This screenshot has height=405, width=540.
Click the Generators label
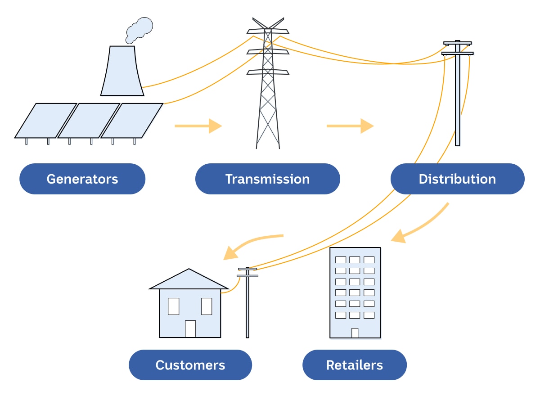pos(82,179)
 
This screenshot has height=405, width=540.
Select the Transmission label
pos(267,179)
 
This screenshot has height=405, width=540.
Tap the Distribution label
pos(457,179)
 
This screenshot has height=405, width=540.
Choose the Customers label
pos(190,364)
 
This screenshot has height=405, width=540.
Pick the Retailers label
pos(354,364)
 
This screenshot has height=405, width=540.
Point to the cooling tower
pos(122,72)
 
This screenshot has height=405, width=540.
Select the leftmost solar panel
pos(45,120)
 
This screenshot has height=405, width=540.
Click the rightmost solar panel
pos(132,120)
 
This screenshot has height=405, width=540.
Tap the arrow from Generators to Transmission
pos(198,126)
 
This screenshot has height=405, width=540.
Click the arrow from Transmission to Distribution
pos(350,126)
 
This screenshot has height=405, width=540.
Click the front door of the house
pos(190,328)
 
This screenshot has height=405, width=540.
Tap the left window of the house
pos(173,306)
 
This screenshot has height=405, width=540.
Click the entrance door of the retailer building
pos(355,333)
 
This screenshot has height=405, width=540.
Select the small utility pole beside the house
pos(247,306)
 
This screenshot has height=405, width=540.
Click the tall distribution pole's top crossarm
pos(457,43)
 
